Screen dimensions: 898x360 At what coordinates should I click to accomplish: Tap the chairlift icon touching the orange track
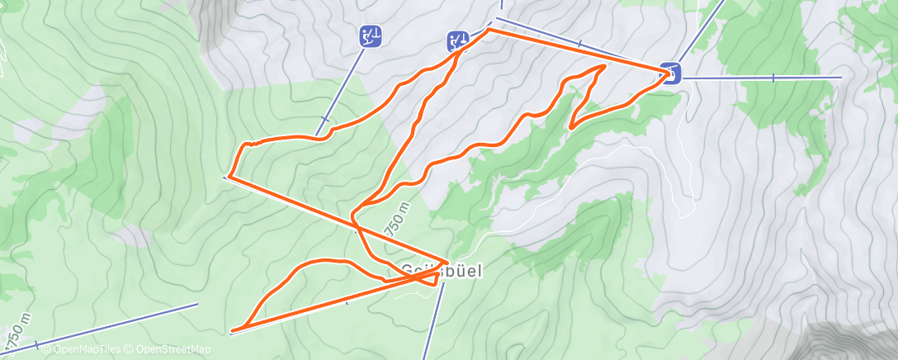[458, 40]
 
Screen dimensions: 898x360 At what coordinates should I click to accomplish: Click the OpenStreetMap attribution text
[169, 350]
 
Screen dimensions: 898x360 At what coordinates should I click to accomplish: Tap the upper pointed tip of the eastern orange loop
[606, 65]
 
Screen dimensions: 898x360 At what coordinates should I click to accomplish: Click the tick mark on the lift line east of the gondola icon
[773, 78]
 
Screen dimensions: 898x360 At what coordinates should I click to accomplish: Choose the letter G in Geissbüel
[408, 270]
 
